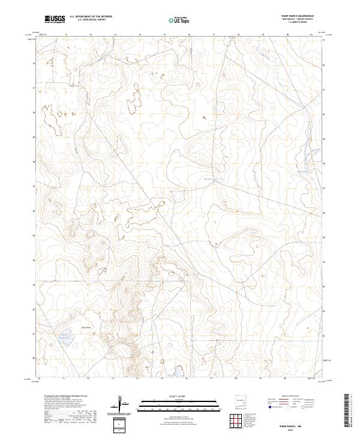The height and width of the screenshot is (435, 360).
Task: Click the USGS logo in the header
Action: (x=55, y=20)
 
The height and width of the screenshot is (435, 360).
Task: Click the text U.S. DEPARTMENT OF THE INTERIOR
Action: (x=91, y=17)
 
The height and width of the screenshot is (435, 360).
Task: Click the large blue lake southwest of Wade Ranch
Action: (x=67, y=338)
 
